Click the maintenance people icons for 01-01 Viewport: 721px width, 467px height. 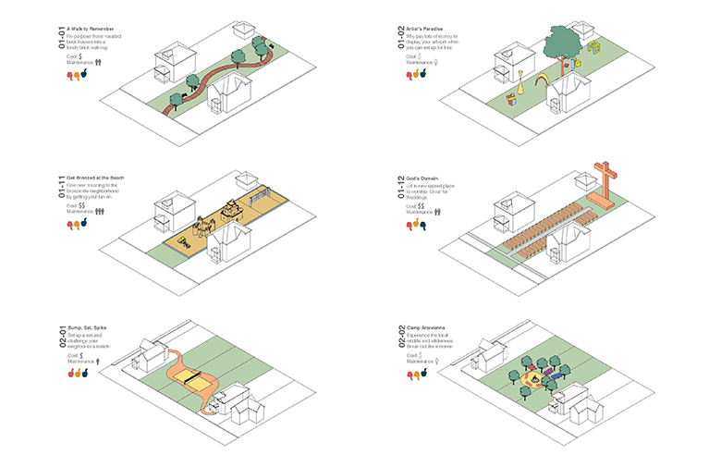[x=98, y=62]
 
